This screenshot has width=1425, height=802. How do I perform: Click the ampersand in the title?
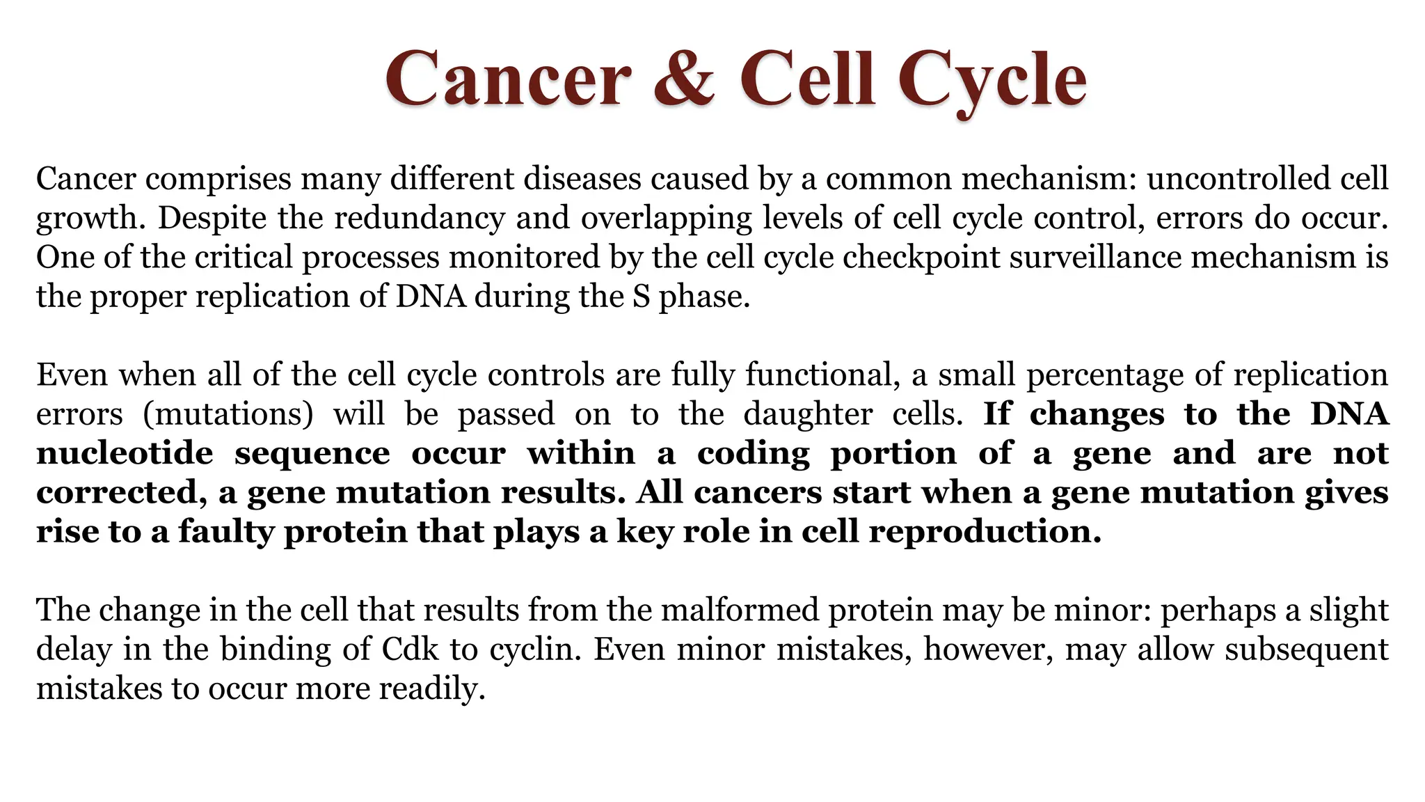[x=684, y=79]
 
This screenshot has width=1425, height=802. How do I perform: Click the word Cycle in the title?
[x=992, y=80]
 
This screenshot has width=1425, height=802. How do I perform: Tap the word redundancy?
[x=420, y=218]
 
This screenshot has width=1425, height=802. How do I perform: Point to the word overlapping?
[x=666, y=219]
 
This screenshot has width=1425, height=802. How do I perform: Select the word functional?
[x=818, y=375]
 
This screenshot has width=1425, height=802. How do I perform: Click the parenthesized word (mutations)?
[x=228, y=414]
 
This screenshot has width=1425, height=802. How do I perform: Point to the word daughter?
[x=808, y=414]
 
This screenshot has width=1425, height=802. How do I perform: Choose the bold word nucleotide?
[x=125, y=453]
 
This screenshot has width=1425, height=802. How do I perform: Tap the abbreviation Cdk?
[x=411, y=650]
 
